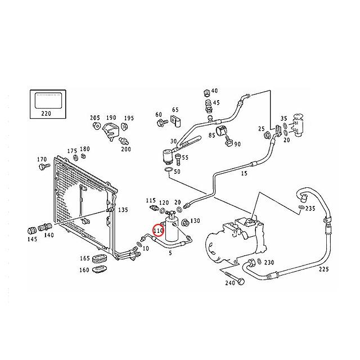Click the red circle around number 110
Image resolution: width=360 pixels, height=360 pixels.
pos(159,230)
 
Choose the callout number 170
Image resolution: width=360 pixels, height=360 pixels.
pos(42,160)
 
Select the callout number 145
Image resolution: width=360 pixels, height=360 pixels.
pos(31,239)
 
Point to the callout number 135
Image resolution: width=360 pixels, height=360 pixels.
pos(122,210)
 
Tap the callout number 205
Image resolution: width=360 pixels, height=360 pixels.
pos(94,118)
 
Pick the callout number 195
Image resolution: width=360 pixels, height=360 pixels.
pos(129,118)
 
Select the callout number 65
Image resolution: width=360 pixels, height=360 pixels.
pos(175,110)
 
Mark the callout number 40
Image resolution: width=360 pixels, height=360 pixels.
pos(214,91)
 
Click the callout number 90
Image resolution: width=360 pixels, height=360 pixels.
pos(237,144)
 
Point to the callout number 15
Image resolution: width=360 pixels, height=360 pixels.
pos(244,174)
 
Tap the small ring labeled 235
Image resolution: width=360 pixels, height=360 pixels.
pos(303,208)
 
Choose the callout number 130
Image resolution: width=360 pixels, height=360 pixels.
pos(195,220)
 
